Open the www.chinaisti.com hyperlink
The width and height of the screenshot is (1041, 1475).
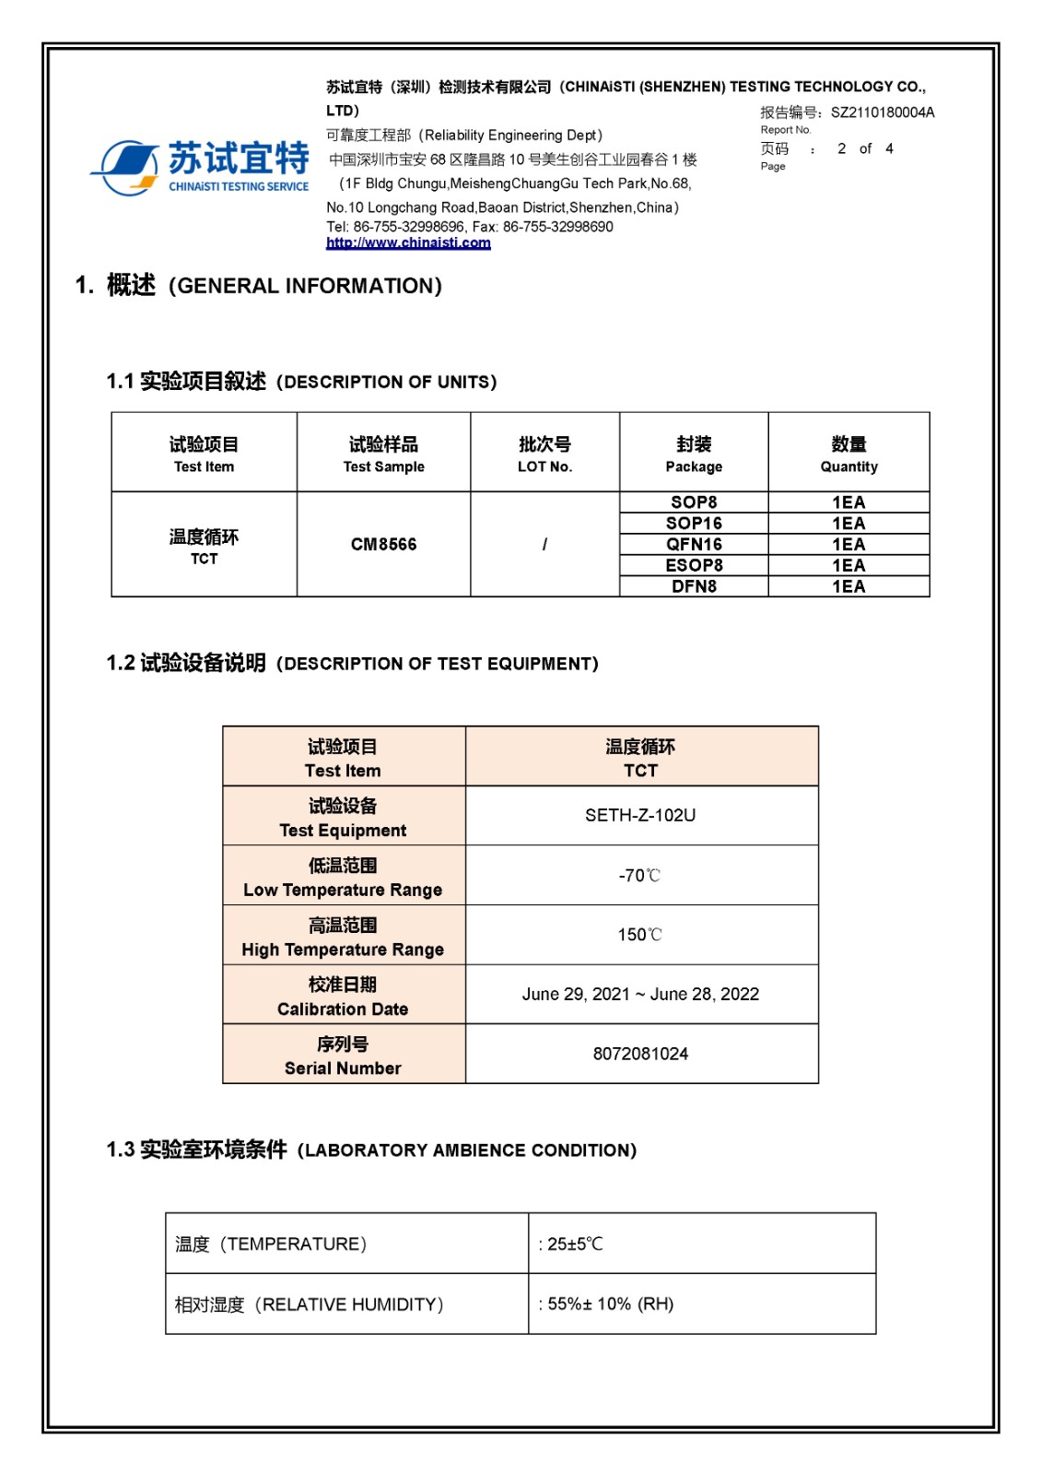point(408,242)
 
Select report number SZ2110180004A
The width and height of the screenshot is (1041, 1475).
point(882,112)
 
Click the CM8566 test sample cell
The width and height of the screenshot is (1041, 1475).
point(383,544)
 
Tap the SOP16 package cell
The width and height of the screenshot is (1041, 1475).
point(694,524)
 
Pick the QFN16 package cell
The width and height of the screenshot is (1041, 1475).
point(694,545)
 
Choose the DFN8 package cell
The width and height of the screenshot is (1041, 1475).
point(694,586)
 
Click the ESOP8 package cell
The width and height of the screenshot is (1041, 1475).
point(694,565)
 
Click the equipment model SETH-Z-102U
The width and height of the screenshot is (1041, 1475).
point(640,815)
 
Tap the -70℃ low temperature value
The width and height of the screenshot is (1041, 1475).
point(640,875)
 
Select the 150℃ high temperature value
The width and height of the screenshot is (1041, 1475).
point(640,935)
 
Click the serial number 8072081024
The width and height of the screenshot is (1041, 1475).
point(640,1054)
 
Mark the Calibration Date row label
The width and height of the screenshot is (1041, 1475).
point(343,996)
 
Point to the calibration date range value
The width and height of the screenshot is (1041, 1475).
point(640,994)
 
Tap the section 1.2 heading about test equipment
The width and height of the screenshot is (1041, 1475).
point(352,664)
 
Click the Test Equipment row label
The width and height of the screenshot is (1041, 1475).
point(343,818)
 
